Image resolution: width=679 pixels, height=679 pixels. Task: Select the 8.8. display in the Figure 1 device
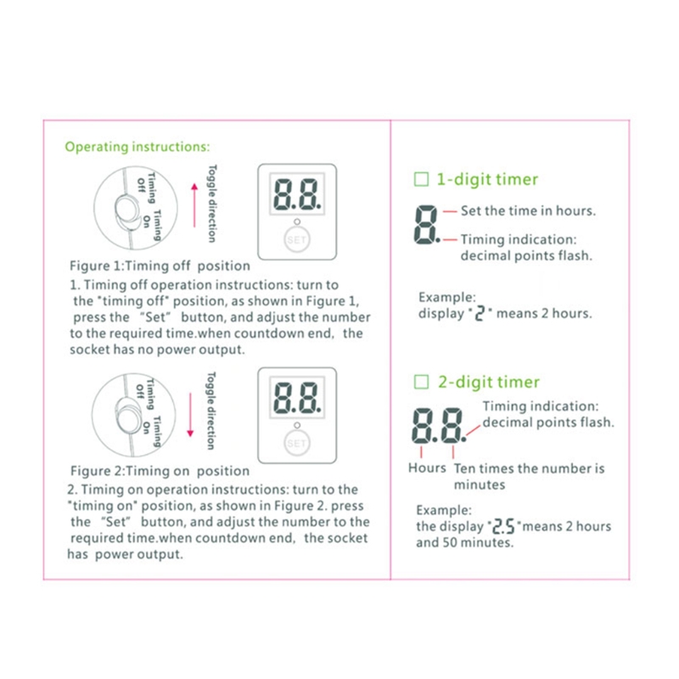296,197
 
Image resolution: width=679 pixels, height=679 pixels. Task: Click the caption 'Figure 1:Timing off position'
160,266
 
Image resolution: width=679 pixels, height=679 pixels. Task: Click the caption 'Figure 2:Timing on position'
160,471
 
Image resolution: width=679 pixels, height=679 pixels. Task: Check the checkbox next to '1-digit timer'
420,180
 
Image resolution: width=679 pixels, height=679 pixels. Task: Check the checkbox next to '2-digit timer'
420,383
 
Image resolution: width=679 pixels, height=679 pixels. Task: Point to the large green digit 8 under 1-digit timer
425,225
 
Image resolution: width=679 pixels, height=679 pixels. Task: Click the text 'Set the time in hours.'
528,210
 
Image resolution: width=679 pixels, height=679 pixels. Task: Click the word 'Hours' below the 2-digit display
427,469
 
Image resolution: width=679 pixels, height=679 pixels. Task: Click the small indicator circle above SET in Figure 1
296,222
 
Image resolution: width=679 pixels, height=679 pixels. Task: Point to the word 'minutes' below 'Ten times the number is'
480,485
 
